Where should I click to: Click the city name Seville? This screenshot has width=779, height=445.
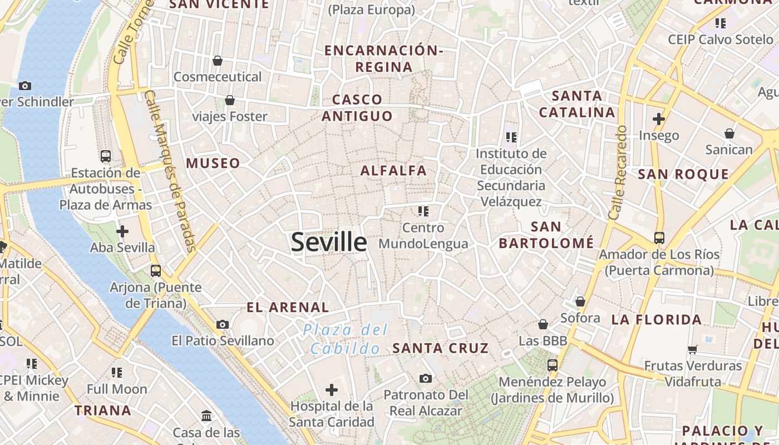click(x=329, y=243)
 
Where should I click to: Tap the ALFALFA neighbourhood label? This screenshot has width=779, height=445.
click(x=393, y=171)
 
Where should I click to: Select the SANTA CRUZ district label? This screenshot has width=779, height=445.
click(x=440, y=349)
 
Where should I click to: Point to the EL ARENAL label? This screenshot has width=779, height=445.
click(x=288, y=307)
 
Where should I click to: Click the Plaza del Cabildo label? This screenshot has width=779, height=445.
click(x=345, y=339)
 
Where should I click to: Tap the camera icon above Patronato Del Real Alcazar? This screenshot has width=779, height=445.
click(x=426, y=378)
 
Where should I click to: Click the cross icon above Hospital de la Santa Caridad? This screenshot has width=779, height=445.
click(x=332, y=389)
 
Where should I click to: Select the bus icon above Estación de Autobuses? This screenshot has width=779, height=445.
click(x=106, y=156)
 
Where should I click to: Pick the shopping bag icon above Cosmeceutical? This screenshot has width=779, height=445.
click(x=218, y=60)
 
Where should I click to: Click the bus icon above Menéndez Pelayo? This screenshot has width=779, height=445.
click(x=553, y=365)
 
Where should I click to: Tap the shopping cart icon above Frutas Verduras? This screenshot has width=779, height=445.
click(x=693, y=349)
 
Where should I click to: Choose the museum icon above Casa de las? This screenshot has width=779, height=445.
click(x=206, y=416)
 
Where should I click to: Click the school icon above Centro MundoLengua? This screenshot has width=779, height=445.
click(x=423, y=211)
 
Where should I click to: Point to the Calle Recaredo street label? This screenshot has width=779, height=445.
click(x=618, y=172)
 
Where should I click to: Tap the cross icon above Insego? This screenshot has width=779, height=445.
click(x=659, y=118)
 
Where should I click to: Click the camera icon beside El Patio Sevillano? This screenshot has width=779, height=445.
click(x=223, y=324)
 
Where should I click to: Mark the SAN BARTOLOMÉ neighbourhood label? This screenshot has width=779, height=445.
click(x=546, y=235)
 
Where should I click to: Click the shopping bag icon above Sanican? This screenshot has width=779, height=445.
click(x=729, y=133)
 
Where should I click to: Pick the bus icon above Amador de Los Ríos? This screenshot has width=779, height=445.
click(x=659, y=238)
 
